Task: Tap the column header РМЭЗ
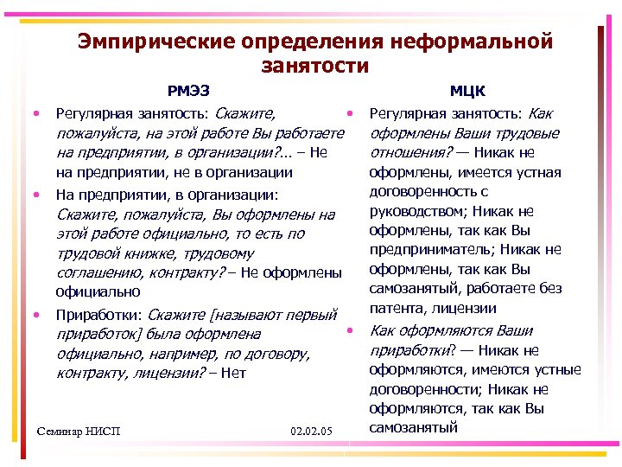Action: coord(187,89)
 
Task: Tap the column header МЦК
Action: coord(467,89)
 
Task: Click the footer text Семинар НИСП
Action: coord(80,431)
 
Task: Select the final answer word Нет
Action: coord(233,374)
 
